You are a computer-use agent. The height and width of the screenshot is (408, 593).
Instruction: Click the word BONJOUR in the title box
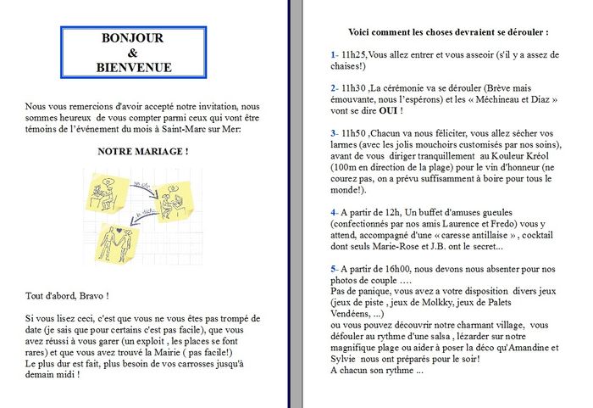pos(132,38)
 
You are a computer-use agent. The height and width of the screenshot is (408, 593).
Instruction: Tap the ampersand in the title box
pos(132,53)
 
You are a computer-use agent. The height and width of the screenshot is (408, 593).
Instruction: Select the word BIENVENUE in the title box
pos(132,67)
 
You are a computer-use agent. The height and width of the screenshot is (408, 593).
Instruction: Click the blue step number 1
pos(333,54)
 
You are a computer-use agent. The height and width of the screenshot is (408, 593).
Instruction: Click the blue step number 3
pos(334,133)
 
